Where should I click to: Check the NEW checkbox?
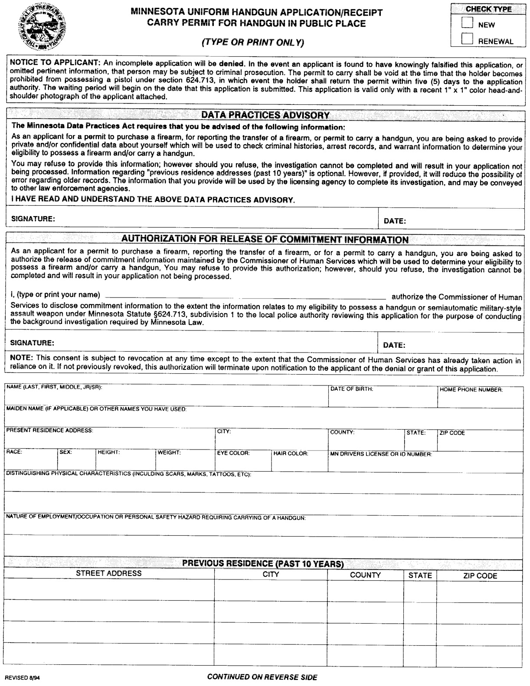tap(467, 23)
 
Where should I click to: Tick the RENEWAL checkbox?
tap(467, 39)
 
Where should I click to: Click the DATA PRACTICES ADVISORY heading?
tap(265, 115)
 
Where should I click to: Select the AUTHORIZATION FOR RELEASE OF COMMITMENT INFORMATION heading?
tap(265, 239)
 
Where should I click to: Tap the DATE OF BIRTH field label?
tap(351, 389)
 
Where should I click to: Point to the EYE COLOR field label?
tap(233, 453)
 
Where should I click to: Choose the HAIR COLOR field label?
tap(291, 453)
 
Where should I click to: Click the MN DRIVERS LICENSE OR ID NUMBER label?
tap(381, 454)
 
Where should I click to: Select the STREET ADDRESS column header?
tap(109, 573)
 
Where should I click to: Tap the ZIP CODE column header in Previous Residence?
tap(480, 576)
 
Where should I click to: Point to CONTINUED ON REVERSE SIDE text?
tap(262, 677)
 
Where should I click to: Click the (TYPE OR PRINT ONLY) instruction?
tap(253, 42)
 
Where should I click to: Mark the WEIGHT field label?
tap(169, 453)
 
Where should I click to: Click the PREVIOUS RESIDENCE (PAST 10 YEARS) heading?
tap(263, 563)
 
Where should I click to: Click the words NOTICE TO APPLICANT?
tap(55, 63)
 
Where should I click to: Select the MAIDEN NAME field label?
tap(96, 409)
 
